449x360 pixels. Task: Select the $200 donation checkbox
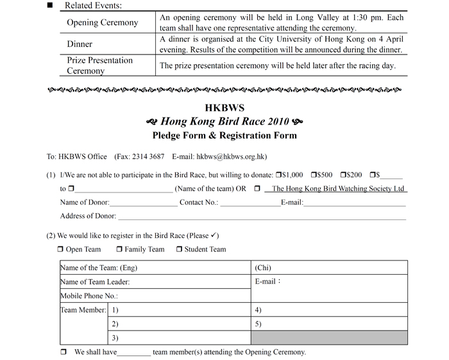tap(344, 175)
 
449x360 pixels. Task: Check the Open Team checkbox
tap(60, 249)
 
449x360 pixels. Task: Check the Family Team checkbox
tap(119, 249)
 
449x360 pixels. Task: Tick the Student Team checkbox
tap(179, 249)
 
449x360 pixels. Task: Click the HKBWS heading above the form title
tap(224, 107)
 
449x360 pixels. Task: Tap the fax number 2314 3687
tap(148, 156)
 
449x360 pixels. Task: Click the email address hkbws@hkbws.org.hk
tap(232, 156)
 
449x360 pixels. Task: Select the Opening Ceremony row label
tap(103, 22)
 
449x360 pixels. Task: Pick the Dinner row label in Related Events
tap(80, 44)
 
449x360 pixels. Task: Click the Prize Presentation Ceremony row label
tap(99, 65)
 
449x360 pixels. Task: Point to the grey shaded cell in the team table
tap(328, 338)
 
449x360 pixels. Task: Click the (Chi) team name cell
tap(263, 268)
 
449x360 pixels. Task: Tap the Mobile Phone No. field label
tap(89, 296)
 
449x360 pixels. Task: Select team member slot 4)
tap(258, 310)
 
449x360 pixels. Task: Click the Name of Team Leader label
tap(95, 282)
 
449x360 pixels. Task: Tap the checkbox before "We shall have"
tap(64, 352)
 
